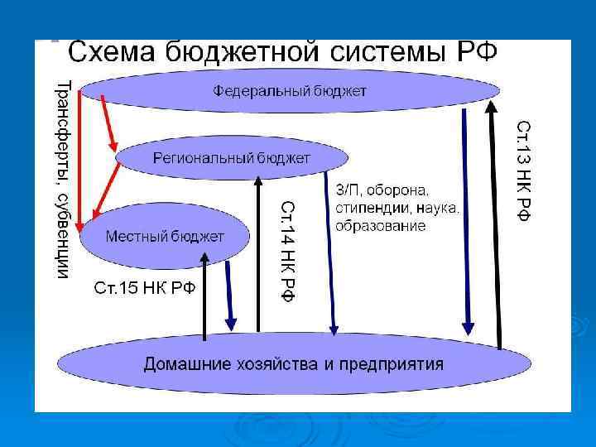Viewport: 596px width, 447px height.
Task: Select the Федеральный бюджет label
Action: (289, 89)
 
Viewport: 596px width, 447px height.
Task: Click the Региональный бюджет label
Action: (231, 157)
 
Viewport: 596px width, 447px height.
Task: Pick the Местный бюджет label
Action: (164, 236)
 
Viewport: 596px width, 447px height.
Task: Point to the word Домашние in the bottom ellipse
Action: (184, 363)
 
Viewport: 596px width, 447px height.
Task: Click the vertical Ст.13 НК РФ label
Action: (524, 170)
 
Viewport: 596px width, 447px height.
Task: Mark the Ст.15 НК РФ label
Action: (145, 289)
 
